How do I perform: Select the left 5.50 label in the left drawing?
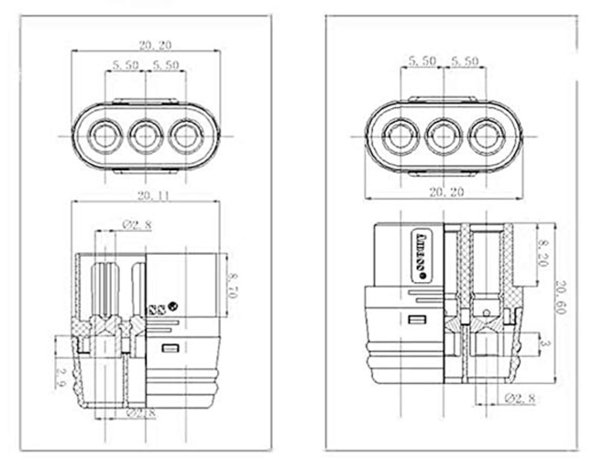pyautogui.click(x=125, y=65)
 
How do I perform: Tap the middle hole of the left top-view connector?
pyautogui.click(x=145, y=136)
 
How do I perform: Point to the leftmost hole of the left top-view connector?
pyautogui.click(x=103, y=136)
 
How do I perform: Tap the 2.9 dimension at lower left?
pyautogui.click(x=61, y=376)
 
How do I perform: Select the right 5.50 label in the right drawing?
pyautogui.click(x=465, y=60)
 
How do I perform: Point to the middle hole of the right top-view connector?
pyautogui.click(x=444, y=136)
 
